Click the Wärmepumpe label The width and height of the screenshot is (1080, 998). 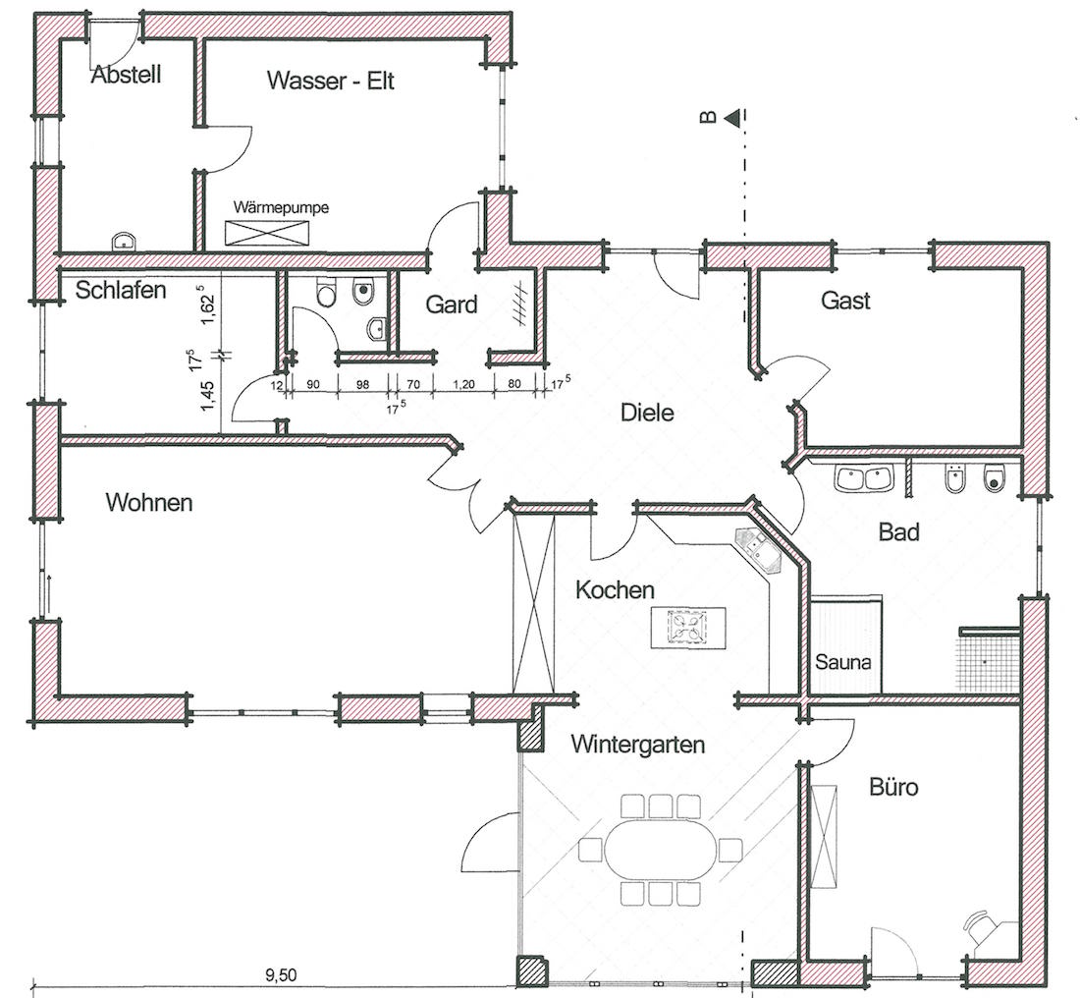pos(281,207)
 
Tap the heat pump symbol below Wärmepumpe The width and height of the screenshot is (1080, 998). pos(267,232)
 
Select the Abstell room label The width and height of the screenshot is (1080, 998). pos(126,75)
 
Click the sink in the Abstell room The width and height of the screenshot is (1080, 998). pos(125,242)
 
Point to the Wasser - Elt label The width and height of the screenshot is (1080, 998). pos(331,81)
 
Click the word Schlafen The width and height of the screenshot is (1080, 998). pos(121,290)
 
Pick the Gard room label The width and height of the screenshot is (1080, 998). pos(452,305)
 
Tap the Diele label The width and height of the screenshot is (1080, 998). pos(647,413)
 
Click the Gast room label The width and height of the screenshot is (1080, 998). pos(845,301)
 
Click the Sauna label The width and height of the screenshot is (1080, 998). pos(843,662)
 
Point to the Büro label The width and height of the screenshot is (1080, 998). pos(893,787)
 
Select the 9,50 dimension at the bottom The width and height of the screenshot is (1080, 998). pos(281,974)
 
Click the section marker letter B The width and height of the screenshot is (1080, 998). pos(708,118)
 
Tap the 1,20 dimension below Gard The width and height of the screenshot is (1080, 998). pos(463,384)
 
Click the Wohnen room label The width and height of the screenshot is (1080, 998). pos(149,503)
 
